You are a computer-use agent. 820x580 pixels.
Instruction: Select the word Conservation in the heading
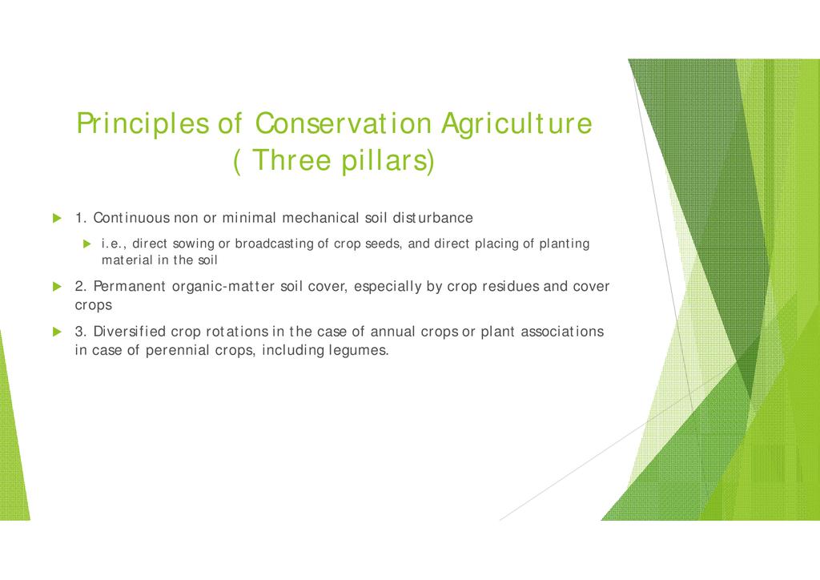point(343,123)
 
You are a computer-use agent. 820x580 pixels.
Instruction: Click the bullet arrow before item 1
point(58,218)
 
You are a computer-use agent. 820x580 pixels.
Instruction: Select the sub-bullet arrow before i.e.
point(87,244)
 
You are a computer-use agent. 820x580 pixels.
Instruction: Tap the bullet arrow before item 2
point(58,287)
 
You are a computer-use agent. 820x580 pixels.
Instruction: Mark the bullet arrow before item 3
point(58,332)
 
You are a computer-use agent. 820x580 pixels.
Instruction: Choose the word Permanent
point(129,286)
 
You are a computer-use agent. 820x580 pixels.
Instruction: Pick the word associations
point(562,331)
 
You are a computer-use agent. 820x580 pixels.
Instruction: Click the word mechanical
point(320,218)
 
